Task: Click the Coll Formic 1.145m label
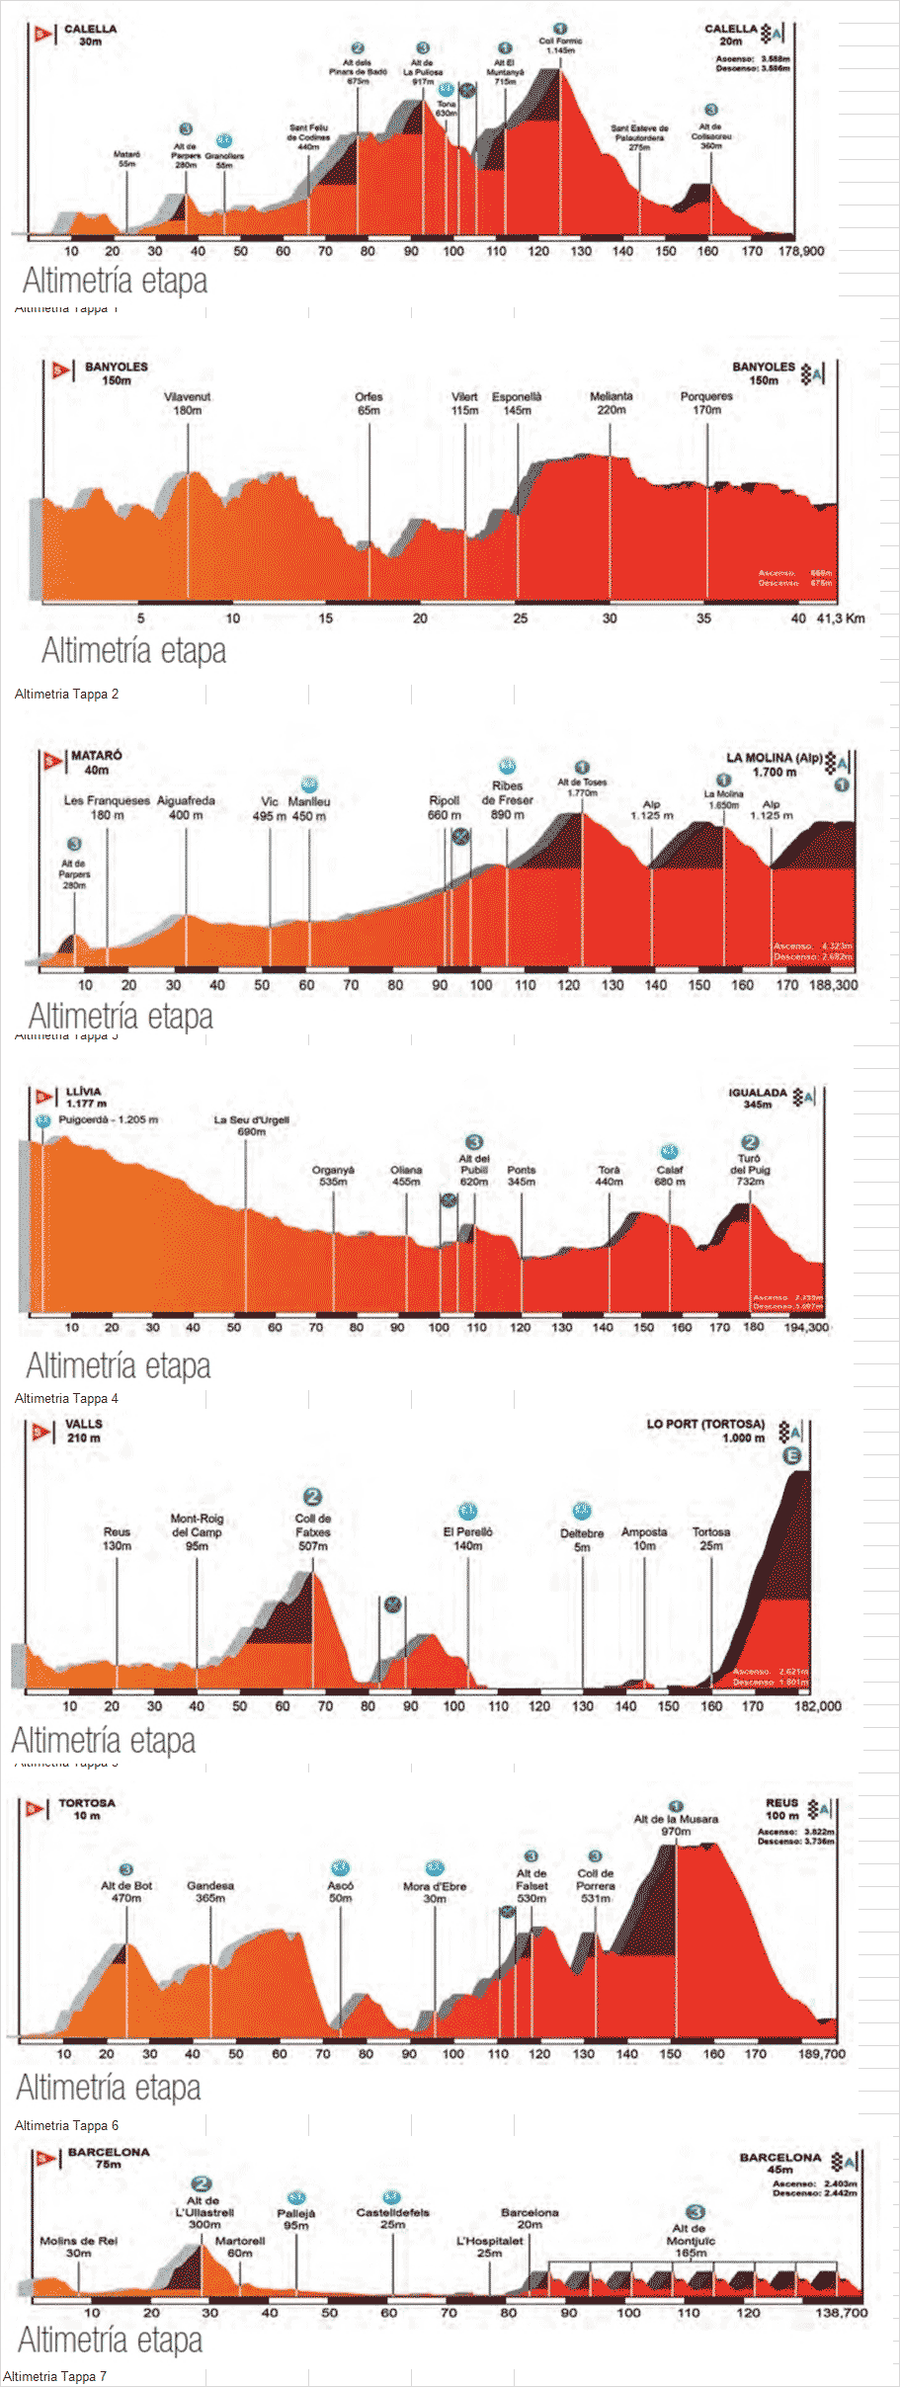[560, 45]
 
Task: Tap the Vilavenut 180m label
[187, 403]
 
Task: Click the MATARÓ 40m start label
[96, 763]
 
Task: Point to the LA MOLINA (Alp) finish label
[774, 765]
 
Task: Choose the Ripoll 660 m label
[445, 807]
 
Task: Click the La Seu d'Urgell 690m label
[252, 1125]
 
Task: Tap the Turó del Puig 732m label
[750, 1169]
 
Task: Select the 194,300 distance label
[806, 1327]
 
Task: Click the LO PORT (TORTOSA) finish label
[705, 1431]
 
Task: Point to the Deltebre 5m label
[582, 1539]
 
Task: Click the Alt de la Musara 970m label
[676, 1825]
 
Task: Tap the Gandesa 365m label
[210, 1891]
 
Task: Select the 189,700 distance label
[821, 2053]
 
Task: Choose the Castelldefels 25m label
[392, 2218]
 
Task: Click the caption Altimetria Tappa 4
[66, 1398]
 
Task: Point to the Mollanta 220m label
[611, 403]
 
